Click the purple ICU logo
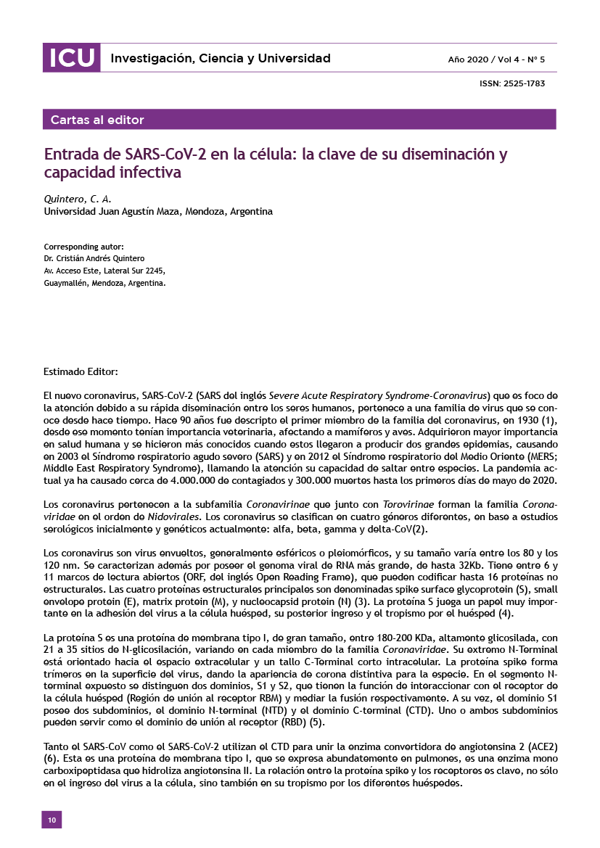coord(71,58)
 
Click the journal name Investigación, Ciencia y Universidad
coord(220,59)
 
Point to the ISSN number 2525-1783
coord(512,84)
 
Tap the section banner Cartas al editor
coord(97,120)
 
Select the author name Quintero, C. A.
coord(78,198)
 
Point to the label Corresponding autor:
coord(83,246)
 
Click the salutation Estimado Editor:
coord(81,372)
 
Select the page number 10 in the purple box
coord(52,819)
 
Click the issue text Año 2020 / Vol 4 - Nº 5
coord(496,59)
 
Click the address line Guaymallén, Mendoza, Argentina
coord(104,283)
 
